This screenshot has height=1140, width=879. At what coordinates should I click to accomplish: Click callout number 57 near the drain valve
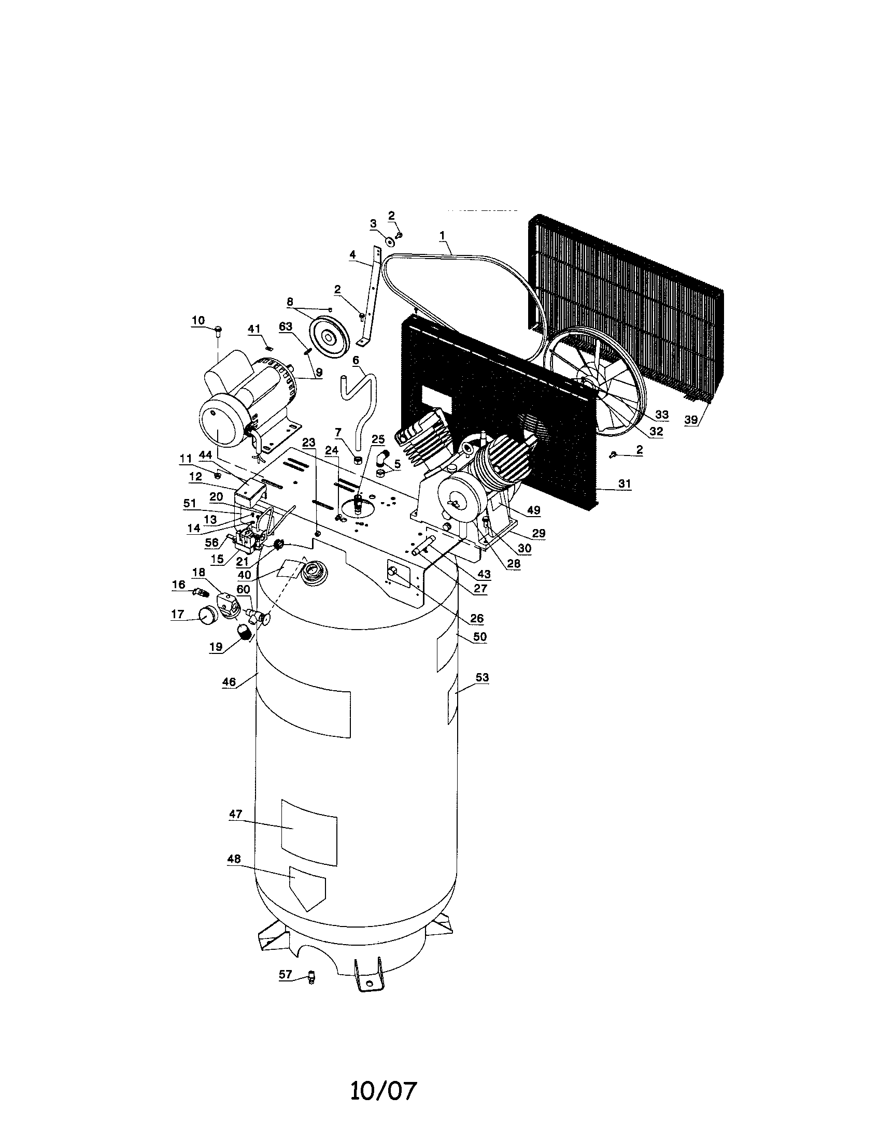click(285, 974)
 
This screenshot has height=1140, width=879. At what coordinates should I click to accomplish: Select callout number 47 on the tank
click(235, 814)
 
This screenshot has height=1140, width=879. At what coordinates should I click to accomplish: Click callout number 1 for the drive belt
click(442, 236)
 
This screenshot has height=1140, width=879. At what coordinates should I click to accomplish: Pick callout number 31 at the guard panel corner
click(625, 484)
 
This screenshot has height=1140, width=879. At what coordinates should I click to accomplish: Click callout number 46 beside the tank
click(229, 682)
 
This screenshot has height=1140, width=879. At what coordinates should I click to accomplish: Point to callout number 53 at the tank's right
click(482, 678)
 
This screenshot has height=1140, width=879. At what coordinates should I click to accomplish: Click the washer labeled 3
click(389, 241)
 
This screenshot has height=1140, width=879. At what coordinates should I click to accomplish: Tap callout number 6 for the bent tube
click(356, 360)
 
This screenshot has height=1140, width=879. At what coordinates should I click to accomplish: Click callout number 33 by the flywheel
click(661, 415)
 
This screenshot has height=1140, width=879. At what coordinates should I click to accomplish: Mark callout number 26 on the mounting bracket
click(477, 619)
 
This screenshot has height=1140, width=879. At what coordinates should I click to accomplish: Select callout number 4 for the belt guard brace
click(352, 255)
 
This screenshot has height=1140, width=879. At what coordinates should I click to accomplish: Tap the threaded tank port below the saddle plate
click(314, 571)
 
